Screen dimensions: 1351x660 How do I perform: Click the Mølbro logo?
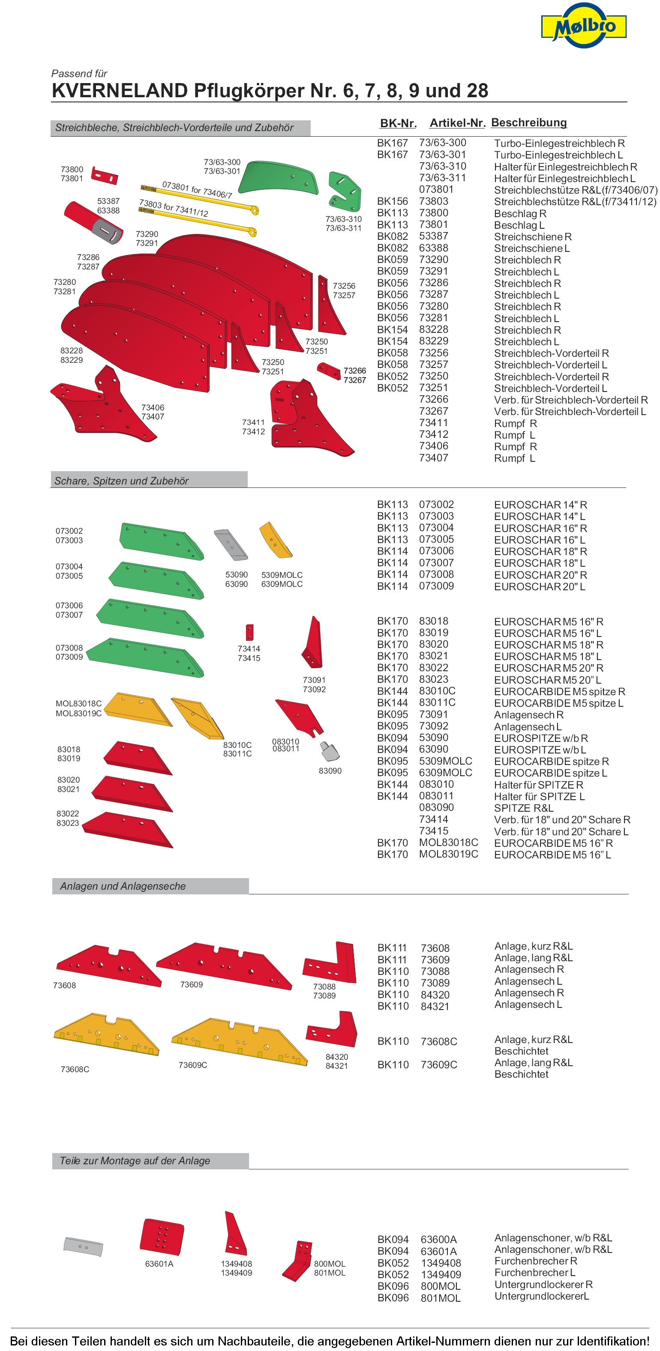pyautogui.click(x=583, y=26)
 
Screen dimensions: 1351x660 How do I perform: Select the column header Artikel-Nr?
pyautogui.click(x=457, y=123)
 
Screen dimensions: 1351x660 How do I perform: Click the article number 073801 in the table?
pyautogui.click(x=436, y=189)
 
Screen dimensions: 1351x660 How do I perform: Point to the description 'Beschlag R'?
pyautogui.click(x=520, y=213)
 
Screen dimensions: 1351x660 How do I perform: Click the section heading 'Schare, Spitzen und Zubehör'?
pyautogui.click(x=121, y=481)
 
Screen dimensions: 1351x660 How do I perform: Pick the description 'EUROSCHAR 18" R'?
pyautogui.click(x=540, y=551)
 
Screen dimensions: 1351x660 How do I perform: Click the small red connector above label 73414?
pyautogui.click(x=250, y=632)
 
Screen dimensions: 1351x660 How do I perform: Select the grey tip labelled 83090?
pyautogui.click(x=330, y=752)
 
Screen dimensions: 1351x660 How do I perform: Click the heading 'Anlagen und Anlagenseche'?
pyautogui.click(x=123, y=886)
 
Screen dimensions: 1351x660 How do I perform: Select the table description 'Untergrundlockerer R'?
pyautogui.click(x=543, y=1285)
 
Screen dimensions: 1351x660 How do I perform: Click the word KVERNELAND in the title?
pyautogui.click(x=120, y=91)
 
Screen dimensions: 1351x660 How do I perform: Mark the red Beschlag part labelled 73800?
pyautogui.click(x=105, y=175)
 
